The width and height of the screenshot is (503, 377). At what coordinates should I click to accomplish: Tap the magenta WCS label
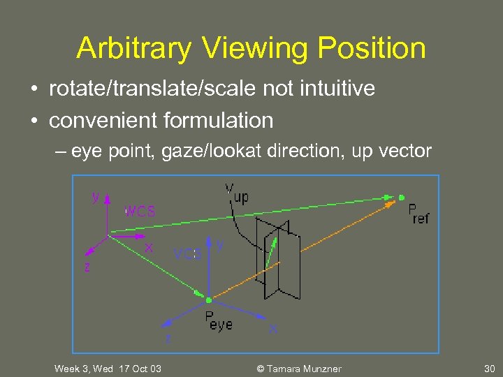tap(140, 211)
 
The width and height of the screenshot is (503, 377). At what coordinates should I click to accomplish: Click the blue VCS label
tap(187, 255)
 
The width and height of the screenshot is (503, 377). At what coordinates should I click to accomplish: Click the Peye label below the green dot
tap(219, 322)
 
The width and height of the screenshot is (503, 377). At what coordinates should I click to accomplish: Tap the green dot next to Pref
tap(401, 197)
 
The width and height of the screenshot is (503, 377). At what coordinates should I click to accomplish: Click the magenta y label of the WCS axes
tap(96, 198)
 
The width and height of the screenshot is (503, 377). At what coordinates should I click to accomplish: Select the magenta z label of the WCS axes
tap(87, 267)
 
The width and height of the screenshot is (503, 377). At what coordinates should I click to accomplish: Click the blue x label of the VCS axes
tap(273, 328)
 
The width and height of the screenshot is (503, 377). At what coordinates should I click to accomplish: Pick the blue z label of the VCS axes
tap(168, 339)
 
